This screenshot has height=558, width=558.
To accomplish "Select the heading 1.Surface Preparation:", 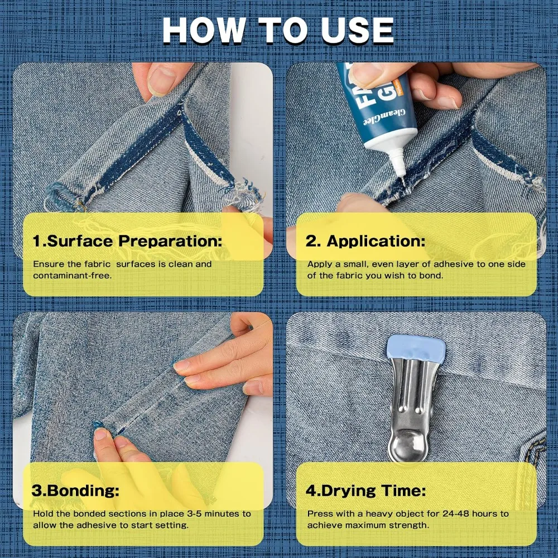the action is click(x=127, y=241).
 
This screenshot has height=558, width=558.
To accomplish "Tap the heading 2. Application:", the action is click(x=365, y=241).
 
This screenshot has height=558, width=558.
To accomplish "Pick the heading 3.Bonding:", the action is click(x=75, y=490).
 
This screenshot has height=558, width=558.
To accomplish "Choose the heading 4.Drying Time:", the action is click(x=366, y=490).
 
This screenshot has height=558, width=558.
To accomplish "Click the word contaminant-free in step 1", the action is click(x=71, y=276).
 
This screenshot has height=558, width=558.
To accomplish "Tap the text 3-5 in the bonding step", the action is click(x=194, y=514).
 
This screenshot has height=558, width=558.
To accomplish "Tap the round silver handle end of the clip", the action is click(x=407, y=445).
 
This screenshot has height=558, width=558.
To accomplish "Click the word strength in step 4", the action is click(x=409, y=526).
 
